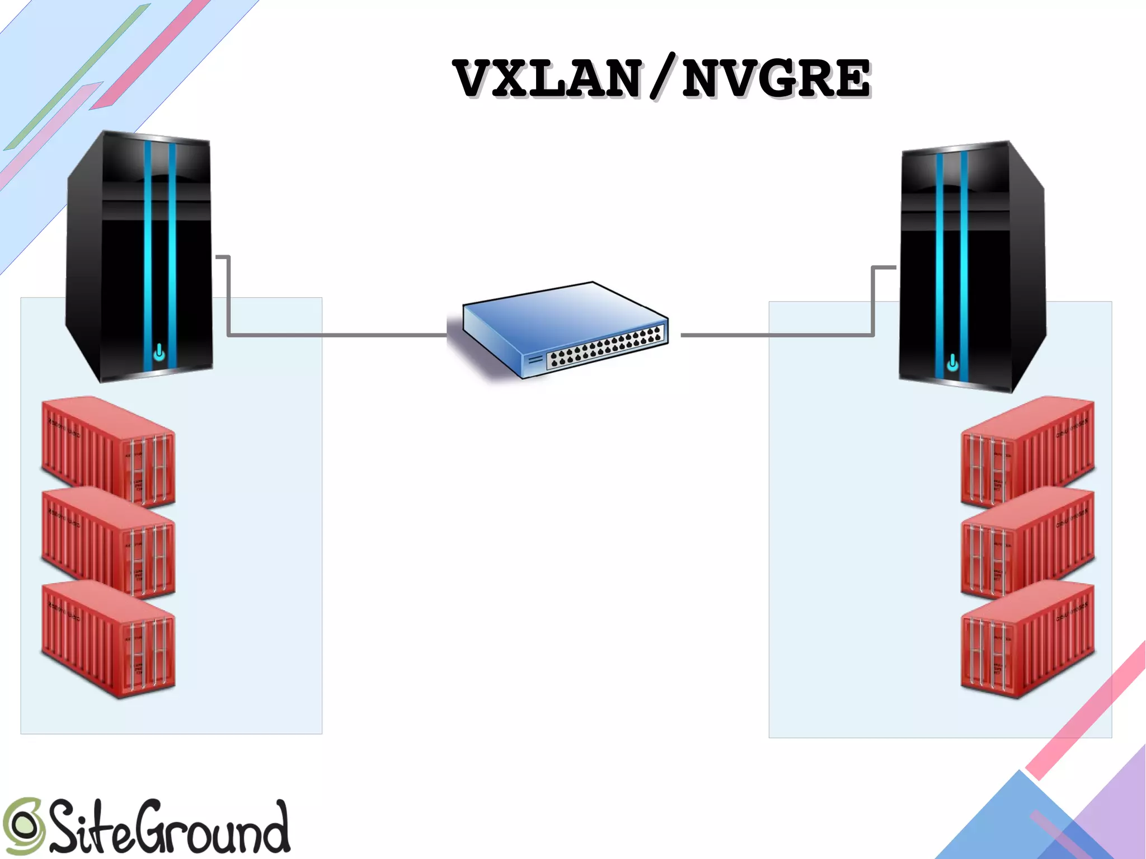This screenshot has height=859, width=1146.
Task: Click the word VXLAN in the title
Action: pyautogui.click(x=547, y=79)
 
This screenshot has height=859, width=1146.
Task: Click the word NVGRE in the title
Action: pyautogui.click(x=776, y=79)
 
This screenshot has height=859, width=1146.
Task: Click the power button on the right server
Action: pyautogui.click(x=952, y=364)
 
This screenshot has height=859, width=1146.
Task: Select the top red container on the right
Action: pyautogui.click(x=1027, y=450)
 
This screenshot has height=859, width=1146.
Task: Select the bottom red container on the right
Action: pyautogui.click(x=1027, y=638)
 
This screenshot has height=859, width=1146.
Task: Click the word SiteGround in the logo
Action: pyautogui.click(x=168, y=827)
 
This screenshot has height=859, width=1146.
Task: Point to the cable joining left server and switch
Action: pyautogui.click(x=336, y=335)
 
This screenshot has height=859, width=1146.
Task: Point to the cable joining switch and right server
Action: pyautogui.click(x=778, y=335)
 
